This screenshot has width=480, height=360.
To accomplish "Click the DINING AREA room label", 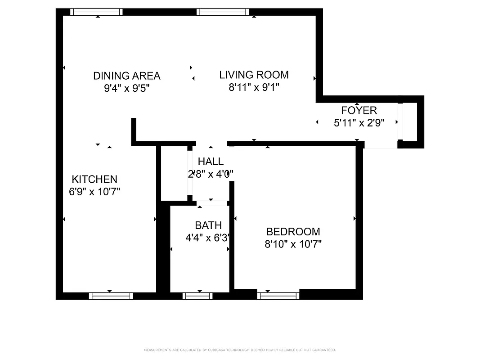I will (x=126, y=76).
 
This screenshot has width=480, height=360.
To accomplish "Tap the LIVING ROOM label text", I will (x=254, y=75).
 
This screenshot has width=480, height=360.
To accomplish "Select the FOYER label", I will (x=359, y=110).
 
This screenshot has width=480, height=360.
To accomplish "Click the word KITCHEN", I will (x=94, y=179).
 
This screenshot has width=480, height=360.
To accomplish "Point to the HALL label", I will (x=211, y=162).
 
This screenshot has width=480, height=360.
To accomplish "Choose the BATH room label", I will (x=208, y=225).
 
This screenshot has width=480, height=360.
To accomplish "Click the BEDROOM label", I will (x=293, y=232).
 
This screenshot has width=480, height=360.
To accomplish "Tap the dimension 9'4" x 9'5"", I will (x=126, y=88).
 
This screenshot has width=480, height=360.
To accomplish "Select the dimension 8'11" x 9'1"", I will (x=254, y=87).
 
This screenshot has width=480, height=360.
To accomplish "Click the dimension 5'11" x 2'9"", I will (x=359, y=122).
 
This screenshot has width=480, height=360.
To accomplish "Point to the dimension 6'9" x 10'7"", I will (x=94, y=192).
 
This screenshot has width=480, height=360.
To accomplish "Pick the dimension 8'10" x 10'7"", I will (x=293, y=244).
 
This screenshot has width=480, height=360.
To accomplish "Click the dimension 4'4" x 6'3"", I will (x=208, y=238).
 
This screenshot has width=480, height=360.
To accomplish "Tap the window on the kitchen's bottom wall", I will (x=111, y=296).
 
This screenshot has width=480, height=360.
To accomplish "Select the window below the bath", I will (x=197, y=296).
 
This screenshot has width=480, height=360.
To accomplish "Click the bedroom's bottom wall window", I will (x=278, y=295).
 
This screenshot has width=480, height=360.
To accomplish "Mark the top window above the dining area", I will (x=96, y=12).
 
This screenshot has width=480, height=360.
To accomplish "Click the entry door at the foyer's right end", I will (x=400, y=121).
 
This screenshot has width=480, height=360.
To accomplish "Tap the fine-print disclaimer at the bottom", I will (x=240, y=350).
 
